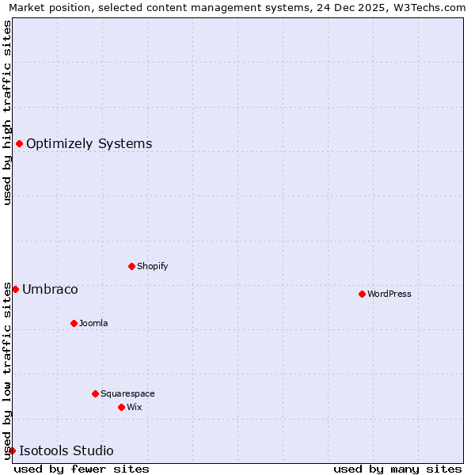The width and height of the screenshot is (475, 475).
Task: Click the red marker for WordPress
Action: click(x=362, y=294)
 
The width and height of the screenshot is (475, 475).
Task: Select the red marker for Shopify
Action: click(x=131, y=266)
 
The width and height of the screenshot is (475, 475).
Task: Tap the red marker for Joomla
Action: click(x=74, y=323)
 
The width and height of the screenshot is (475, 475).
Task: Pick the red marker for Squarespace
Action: click(x=95, y=393)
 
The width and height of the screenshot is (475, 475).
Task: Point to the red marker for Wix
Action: click(x=121, y=407)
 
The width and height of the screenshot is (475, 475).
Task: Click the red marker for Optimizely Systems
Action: click(x=19, y=143)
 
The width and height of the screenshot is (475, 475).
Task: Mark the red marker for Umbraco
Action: click(x=15, y=289)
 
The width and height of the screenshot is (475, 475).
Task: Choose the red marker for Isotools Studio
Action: click(x=12, y=450)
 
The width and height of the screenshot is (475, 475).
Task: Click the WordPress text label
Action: click(x=389, y=294)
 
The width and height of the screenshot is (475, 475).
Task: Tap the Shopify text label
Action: click(x=153, y=266)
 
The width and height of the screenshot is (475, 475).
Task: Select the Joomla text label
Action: click(x=93, y=323)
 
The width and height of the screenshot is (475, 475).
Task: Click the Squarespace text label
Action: click(x=127, y=393)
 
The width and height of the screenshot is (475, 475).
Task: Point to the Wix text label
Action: click(x=135, y=407)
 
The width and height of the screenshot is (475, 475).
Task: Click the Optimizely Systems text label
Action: click(x=89, y=143)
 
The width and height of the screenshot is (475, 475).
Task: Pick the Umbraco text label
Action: click(x=50, y=289)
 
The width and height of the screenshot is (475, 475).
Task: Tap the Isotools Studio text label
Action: click(x=66, y=450)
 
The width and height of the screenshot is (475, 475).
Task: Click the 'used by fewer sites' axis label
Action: click(x=82, y=469)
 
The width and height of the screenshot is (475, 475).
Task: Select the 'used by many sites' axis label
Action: click(x=397, y=469)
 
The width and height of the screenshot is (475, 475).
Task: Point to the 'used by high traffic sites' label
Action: click(x=7, y=112)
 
